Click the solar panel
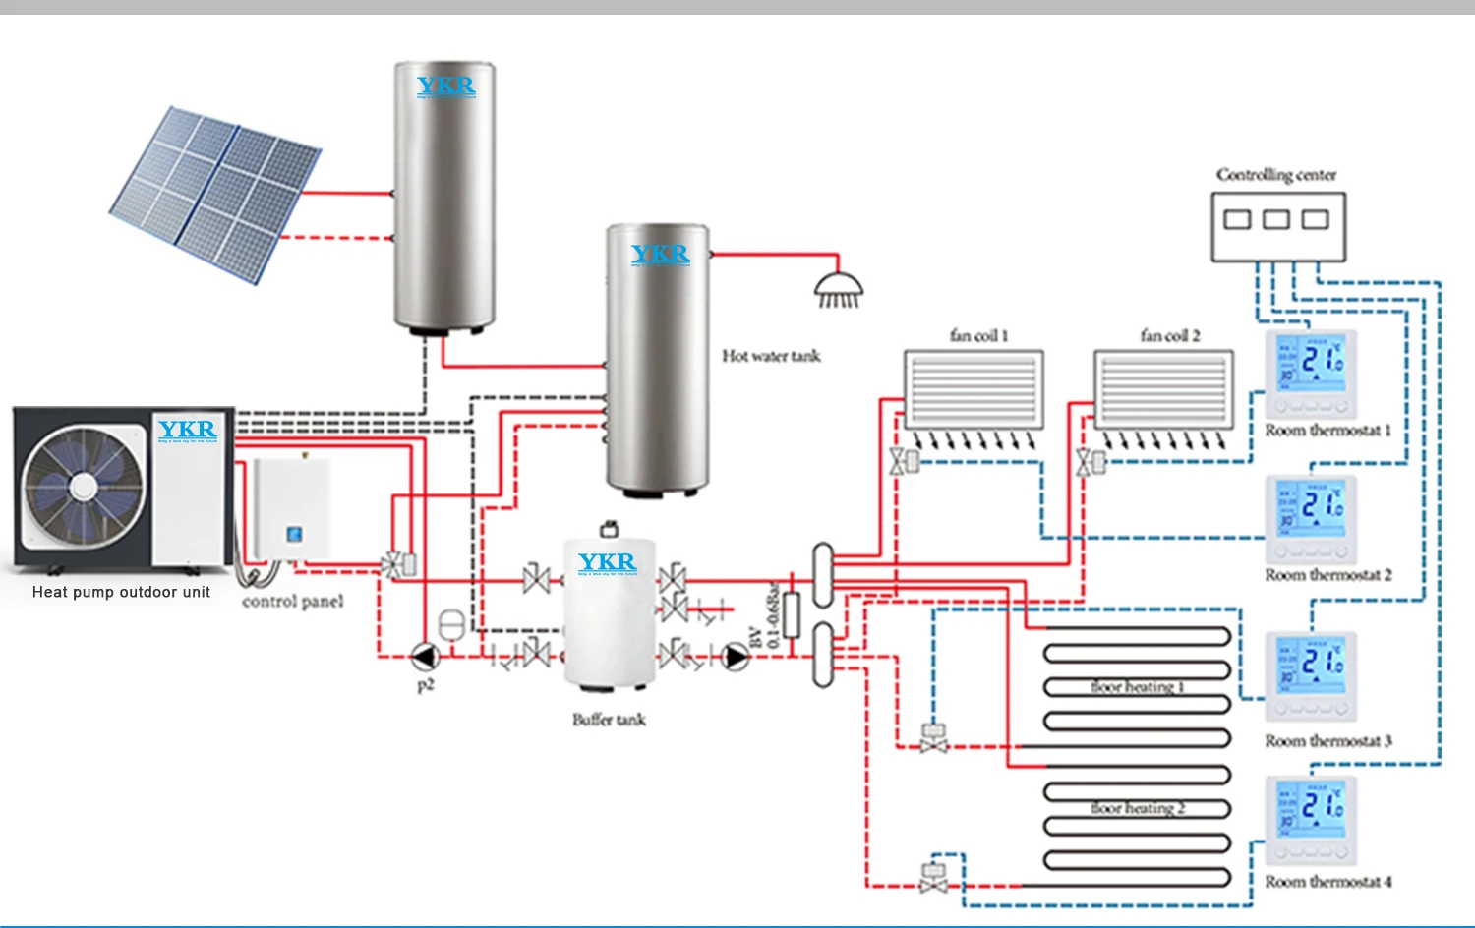[x=214, y=194]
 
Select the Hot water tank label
[x=771, y=356]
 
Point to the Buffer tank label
[x=609, y=720]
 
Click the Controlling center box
[x=1277, y=227]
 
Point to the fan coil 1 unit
[x=973, y=389]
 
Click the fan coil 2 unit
[x=1163, y=389]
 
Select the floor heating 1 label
[x=1137, y=687]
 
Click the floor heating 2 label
[x=1137, y=808]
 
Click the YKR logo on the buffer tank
[x=607, y=562]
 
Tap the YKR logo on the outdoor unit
[x=187, y=430]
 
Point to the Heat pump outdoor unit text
[x=121, y=592]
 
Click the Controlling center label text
[x=1276, y=175]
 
